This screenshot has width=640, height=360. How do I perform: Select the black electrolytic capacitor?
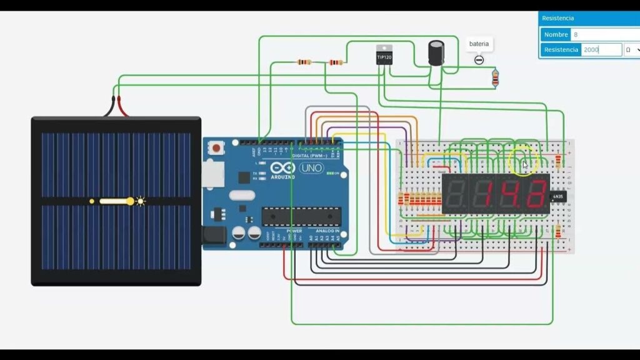pyautogui.click(x=436, y=52)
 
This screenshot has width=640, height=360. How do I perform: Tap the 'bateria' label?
pyautogui.click(x=479, y=44)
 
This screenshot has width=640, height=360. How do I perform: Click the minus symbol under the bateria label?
pyautogui.click(x=479, y=60)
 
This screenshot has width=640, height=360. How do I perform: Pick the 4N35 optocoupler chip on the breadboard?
pyautogui.click(x=558, y=197)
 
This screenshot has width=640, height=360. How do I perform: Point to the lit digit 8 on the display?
pyautogui.click(x=536, y=194)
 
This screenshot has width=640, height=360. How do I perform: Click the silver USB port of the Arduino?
pyautogui.click(x=212, y=173)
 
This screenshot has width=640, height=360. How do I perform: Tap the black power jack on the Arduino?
pyautogui.click(x=214, y=235)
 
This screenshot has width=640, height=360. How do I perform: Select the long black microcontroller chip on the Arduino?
pyautogui.click(x=301, y=216)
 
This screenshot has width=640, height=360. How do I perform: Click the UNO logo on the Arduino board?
pyautogui.click(x=311, y=168)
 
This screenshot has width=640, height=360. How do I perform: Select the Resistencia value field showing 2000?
pyautogui.click(x=601, y=49)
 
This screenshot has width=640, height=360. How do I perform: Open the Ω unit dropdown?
pyautogui.click(x=632, y=49)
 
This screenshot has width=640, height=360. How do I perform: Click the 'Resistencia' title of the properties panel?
pyautogui.click(x=558, y=19)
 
